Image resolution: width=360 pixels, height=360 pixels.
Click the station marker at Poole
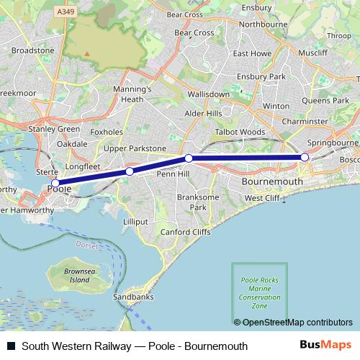click(55, 183)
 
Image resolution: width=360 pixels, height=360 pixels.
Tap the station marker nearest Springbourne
click(305, 157)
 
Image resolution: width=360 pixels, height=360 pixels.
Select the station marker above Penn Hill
click(188, 158)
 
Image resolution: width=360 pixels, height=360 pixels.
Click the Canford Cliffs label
click(186, 232)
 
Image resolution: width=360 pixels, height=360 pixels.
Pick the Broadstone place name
click(33, 51)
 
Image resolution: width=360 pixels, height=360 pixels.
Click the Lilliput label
click(136, 221)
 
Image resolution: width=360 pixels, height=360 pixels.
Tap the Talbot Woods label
click(240, 132)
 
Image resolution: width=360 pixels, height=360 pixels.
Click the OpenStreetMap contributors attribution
click(293, 322)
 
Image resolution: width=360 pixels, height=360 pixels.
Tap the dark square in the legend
click(11, 346)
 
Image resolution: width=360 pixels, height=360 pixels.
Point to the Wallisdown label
click(208, 94)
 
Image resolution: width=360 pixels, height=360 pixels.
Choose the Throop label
click(339, 35)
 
